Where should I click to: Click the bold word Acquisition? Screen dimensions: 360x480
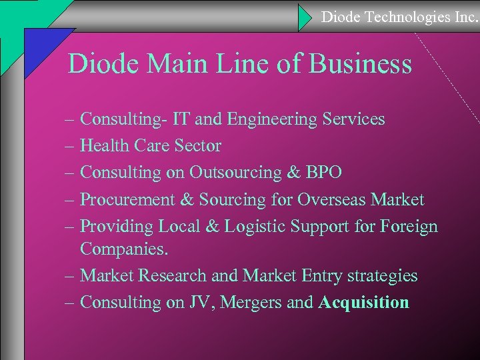[363, 302]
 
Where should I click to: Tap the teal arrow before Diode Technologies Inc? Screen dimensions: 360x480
[305, 17]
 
